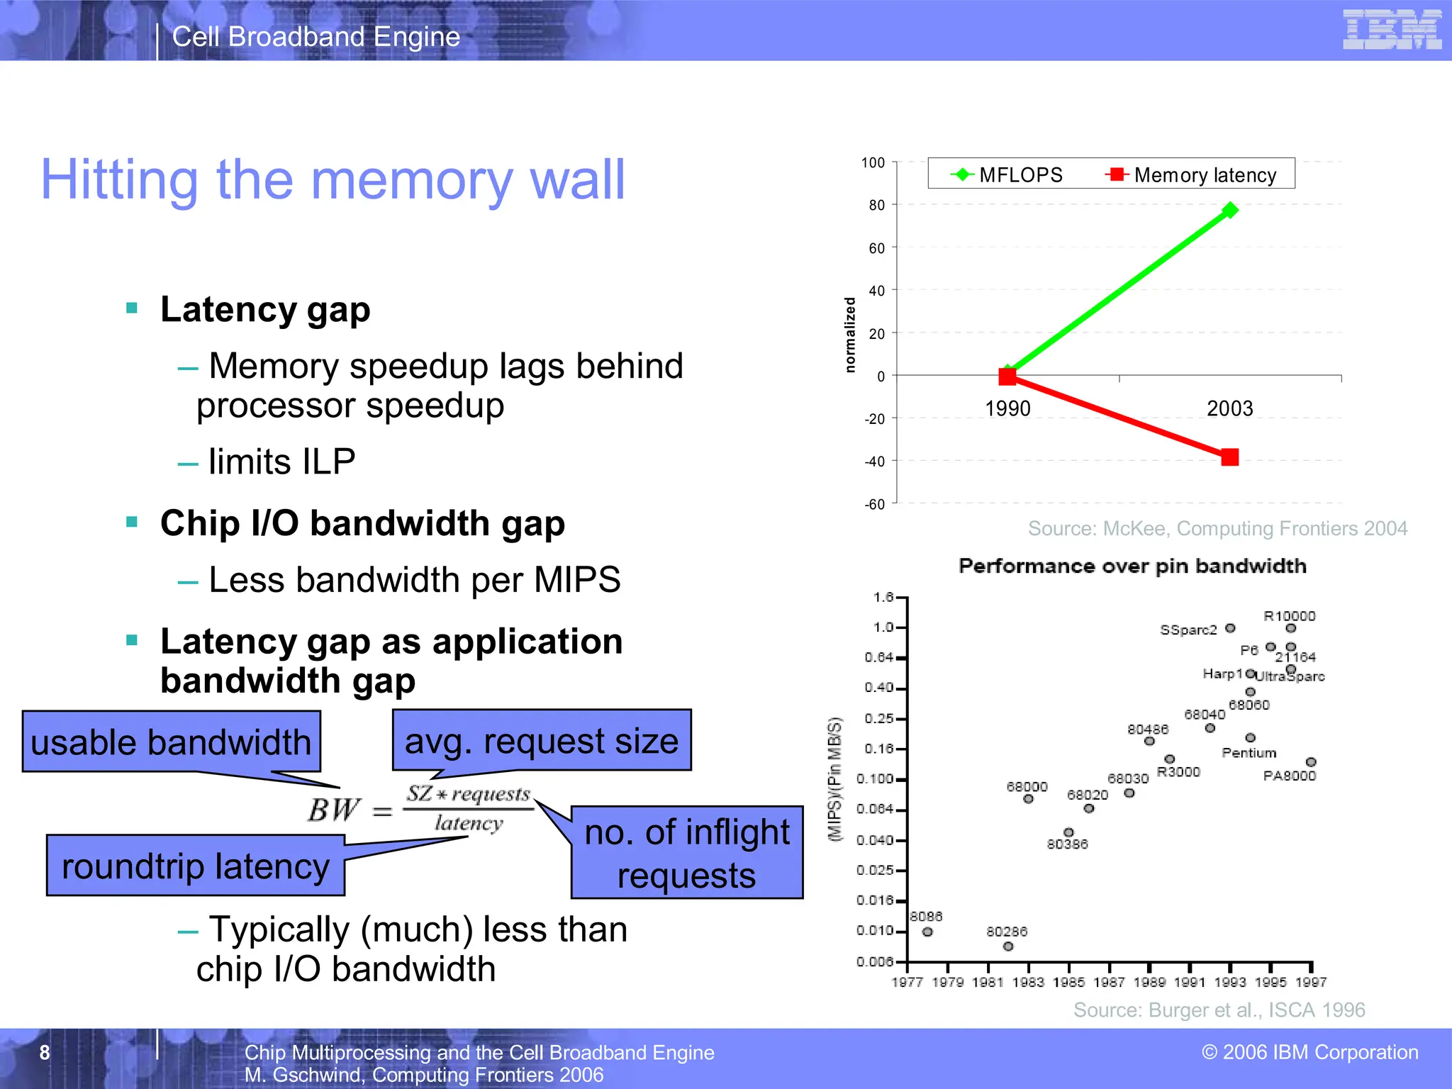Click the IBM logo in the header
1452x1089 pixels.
click(1392, 30)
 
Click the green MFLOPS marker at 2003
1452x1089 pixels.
click(1230, 210)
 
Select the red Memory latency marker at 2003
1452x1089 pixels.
click(1230, 457)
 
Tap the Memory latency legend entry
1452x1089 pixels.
click(1191, 174)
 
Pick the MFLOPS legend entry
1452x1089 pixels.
click(1007, 174)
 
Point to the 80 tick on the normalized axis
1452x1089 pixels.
click(877, 205)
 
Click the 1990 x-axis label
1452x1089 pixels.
click(1007, 408)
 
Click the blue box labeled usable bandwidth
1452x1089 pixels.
click(171, 742)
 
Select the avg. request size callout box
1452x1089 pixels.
click(541, 740)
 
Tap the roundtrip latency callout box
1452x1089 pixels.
click(195, 866)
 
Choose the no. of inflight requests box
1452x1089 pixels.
click(686, 852)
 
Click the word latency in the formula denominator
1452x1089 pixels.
click(469, 823)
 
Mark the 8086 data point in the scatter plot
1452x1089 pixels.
click(927, 932)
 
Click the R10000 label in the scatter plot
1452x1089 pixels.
click(1289, 615)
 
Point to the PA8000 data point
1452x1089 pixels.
click(1311, 762)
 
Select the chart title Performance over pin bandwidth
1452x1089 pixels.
click(1132, 566)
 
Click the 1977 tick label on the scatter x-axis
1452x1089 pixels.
click(907, 982)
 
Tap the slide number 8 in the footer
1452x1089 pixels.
click(45, 1052)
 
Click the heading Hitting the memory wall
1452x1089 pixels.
click(333, 179)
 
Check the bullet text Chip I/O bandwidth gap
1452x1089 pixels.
click(362, 523)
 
